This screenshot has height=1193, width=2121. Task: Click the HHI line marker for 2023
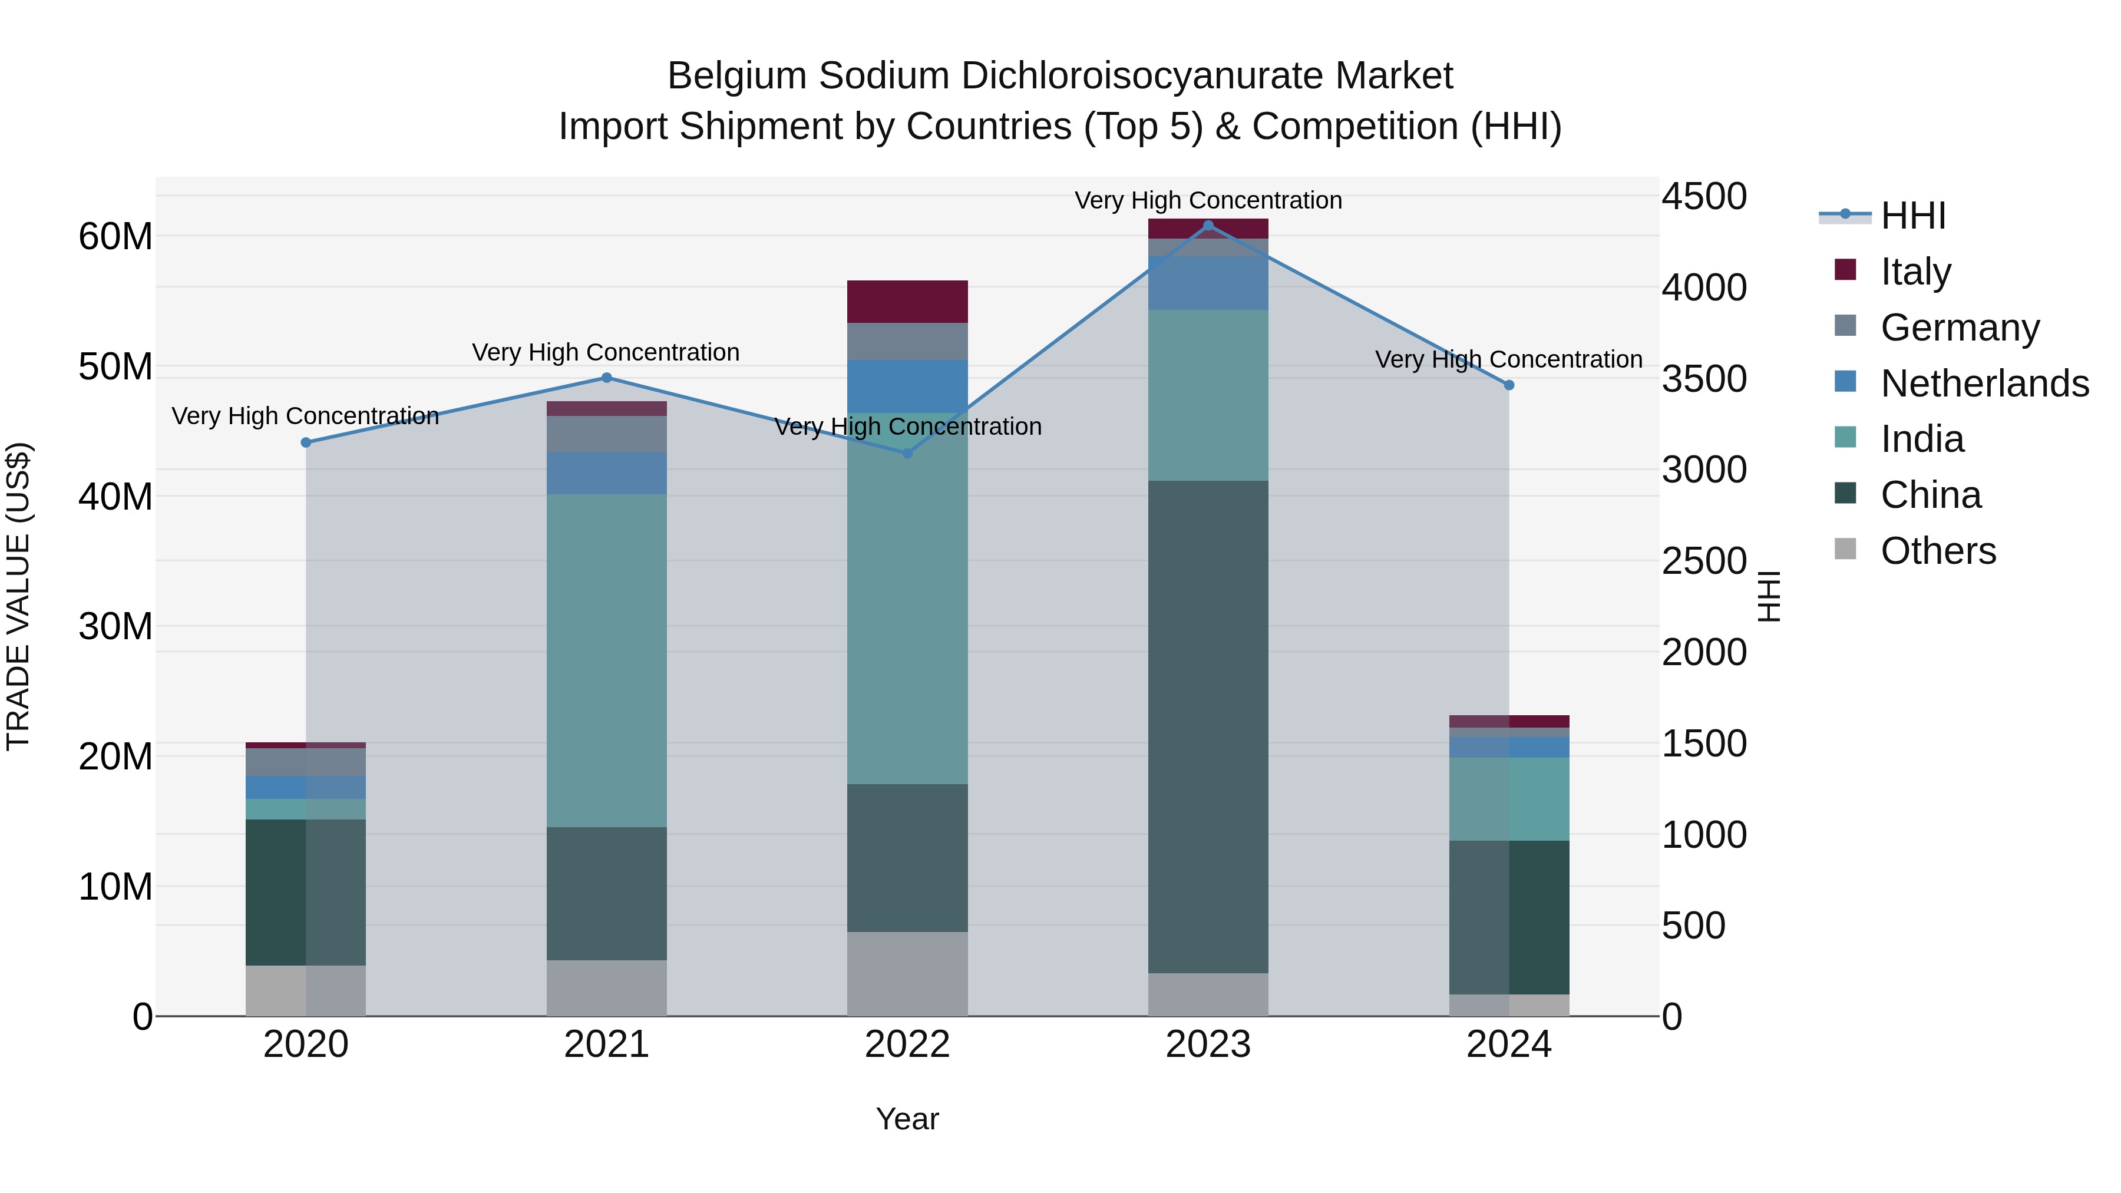click(1208, 226)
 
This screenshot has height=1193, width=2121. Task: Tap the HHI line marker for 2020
click(306, 443)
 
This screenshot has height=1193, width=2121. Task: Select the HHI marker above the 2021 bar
click(607, 378)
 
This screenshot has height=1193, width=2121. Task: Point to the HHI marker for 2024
click(1508, 385)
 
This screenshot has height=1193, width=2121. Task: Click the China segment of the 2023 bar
click(1208, 726)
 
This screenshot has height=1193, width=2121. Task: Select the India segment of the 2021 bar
click(607, 660)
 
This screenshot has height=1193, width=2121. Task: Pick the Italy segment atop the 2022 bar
click(907, 301)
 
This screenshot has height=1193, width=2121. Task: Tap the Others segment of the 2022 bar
click(907, 973)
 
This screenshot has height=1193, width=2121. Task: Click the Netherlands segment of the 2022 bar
click(907, 385)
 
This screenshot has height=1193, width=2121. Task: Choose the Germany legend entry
click(1960, 328)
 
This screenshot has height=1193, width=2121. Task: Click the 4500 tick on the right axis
click(1703, 197)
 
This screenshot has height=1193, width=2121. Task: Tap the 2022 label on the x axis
click(907, 1045)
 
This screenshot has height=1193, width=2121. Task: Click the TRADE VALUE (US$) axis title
click(18, 596)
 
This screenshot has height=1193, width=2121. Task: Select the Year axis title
click(907, 1119)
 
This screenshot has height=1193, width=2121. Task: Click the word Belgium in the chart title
click(737, 76)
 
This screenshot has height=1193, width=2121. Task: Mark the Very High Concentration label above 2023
click(1208, 200)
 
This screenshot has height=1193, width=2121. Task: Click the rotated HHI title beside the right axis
click(1769, 596)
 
